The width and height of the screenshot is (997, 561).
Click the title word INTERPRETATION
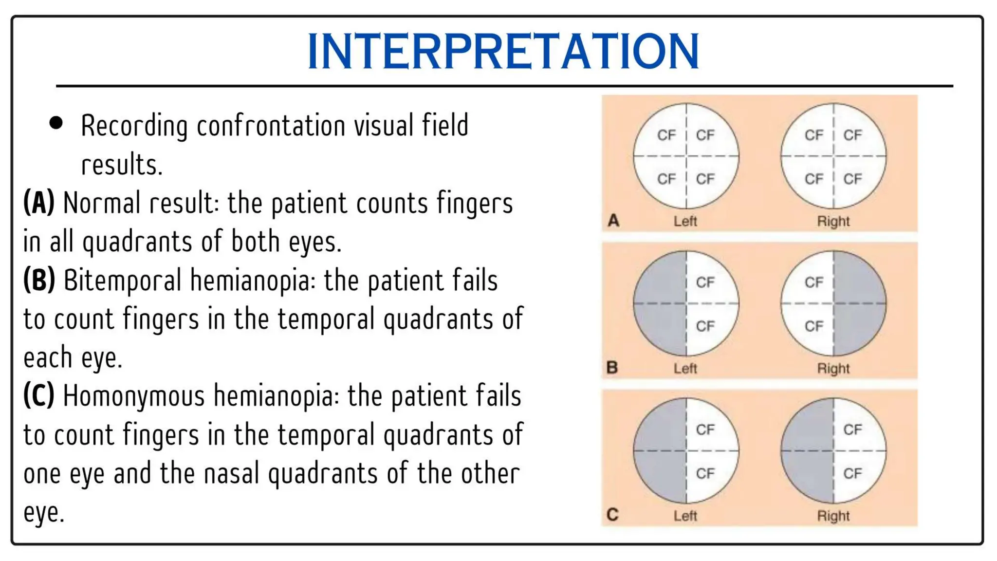[503, 51]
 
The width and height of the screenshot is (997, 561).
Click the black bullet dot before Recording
[56, 123]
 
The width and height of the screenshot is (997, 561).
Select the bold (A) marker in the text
[39, 203]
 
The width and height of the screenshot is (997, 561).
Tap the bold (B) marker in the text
[39, 280]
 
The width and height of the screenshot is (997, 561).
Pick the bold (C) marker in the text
[39, 395]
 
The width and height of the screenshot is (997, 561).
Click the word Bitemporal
[122, 281]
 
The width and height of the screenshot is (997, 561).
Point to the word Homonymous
[134, 396]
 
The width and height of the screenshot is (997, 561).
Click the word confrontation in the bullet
[271, 126]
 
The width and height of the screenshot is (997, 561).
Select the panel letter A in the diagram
[613, 221]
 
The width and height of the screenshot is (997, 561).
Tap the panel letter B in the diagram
[612, 368]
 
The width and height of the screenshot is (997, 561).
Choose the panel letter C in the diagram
[612, 515]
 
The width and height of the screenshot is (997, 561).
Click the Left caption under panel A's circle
[685, 222]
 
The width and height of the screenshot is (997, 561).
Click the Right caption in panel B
[833, 369]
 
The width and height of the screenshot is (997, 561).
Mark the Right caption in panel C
[833, 516]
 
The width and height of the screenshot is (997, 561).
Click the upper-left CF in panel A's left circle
[666, 135]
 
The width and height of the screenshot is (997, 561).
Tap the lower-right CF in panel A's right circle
[852, 179]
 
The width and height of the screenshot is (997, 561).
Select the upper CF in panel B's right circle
[813, 282]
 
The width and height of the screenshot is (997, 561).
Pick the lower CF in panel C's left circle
[705, 473]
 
